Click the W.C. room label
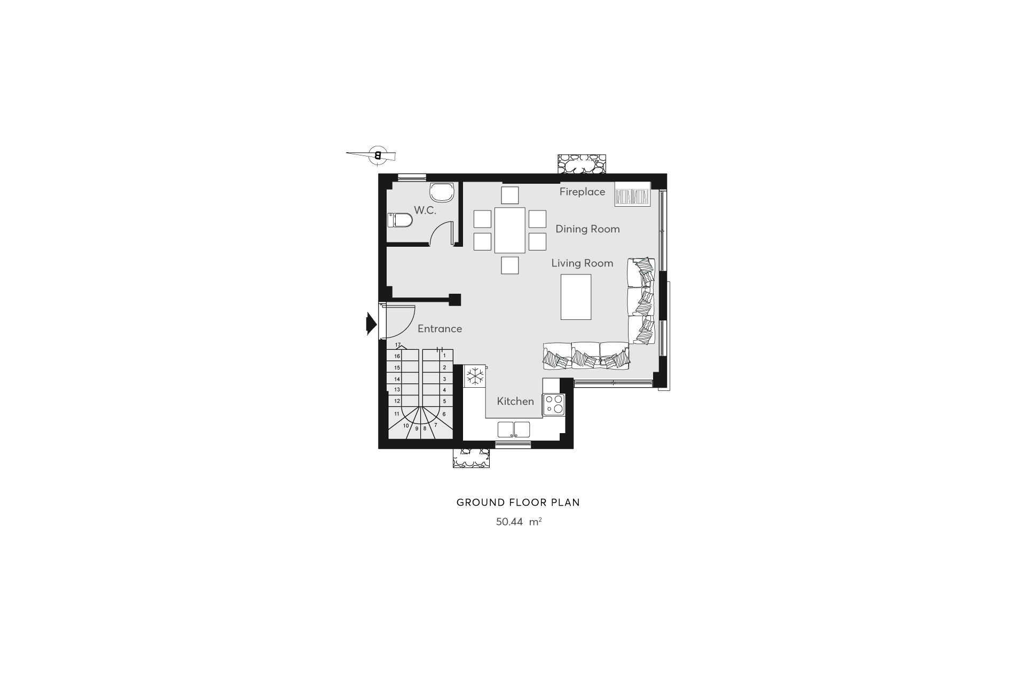(x=425, y=210)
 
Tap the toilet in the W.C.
(x=400, y=220)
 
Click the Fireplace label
(x=582, y=192)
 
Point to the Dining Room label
(x=587, y=229)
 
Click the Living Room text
(x=582, y=263)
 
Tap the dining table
(x=510, y=230)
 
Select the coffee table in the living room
(x=576, y=297)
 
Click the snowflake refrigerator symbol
(x=475, y=375)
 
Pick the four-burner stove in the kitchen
(x=554, y=404)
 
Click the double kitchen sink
(x=514, y=429)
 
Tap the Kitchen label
(x=515, y=401)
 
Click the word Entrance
(x=439, y=328)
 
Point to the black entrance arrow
(x=371, y=324)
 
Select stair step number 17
(x=398, y=345)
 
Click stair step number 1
(x=444, y=356)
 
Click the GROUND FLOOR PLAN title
(x=518, y=503)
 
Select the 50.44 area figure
(x=509, y=522)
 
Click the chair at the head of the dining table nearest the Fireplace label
(x=510, y=195)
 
